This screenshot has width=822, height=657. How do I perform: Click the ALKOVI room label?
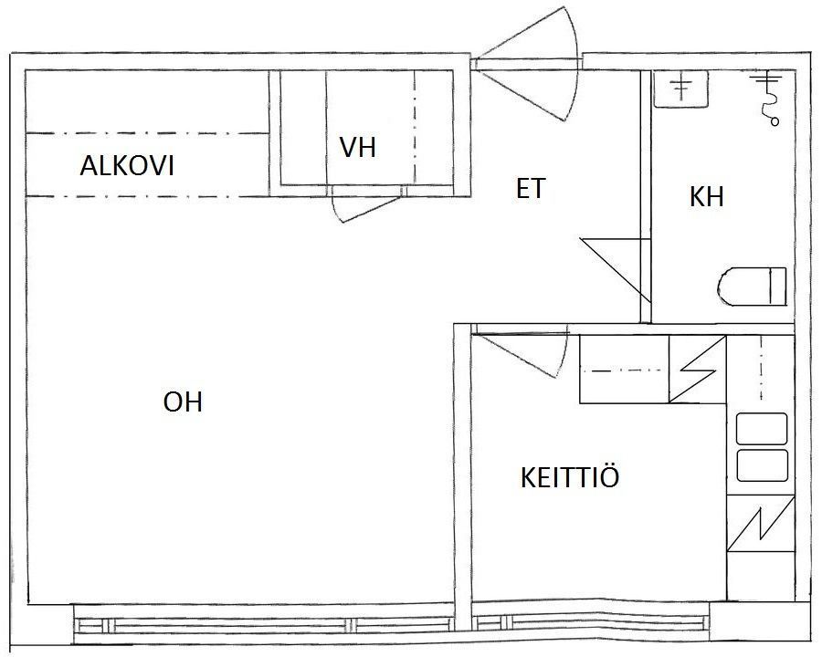(x=126, y=165)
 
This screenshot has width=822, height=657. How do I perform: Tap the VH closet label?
(x=357, y=147)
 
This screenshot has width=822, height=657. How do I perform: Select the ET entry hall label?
(x=531, y=189)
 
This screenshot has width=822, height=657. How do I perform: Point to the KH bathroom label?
(x=706, y=197)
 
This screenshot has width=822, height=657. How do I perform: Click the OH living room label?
(x=183, y=402)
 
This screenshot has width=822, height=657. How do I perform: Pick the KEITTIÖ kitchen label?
(x=570, y=476)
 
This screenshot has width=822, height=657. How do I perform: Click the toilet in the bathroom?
(x=752, y=287)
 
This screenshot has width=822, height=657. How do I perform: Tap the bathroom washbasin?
(x=680, y=89)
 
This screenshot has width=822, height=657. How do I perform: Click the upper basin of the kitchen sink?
(x=762, y=429)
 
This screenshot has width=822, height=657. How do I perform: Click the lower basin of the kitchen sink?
(x=762, y=465)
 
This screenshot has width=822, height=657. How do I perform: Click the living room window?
(x=263, y=624)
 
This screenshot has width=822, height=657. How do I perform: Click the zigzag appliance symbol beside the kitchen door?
(x=697, y=370)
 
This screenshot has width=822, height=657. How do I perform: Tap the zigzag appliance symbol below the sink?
(x=761, y=524)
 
